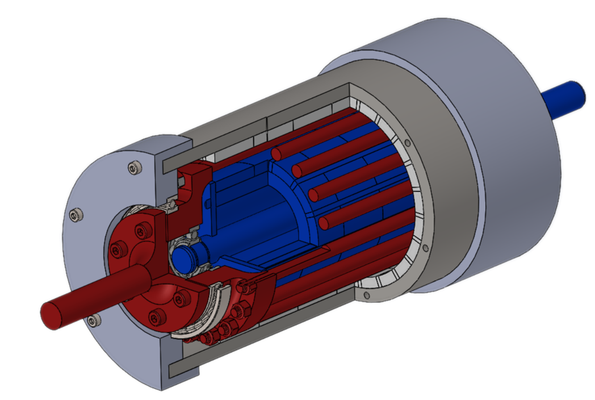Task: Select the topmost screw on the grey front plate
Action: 133,168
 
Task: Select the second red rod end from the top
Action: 296,171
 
